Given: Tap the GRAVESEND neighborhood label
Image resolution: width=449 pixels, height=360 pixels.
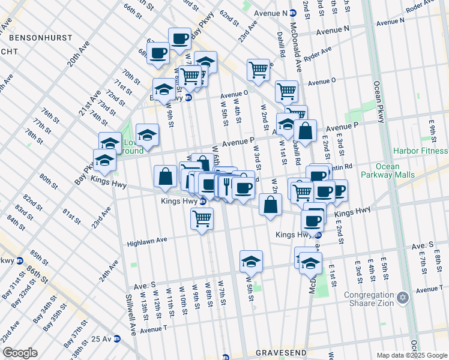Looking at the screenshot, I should pos(282,352).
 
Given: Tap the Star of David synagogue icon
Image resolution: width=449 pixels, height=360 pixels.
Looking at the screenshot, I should pos(403,298).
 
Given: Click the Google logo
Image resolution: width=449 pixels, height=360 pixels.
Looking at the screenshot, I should pos(19,352).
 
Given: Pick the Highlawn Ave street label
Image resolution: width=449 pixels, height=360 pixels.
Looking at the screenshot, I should pos(147,243).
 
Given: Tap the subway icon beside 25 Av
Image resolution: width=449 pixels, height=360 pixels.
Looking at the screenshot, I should pos(118,339).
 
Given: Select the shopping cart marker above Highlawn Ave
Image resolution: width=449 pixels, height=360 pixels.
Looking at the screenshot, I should pos(202,218).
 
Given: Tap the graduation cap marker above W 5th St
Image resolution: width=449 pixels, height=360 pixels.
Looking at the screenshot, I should pos(251,262).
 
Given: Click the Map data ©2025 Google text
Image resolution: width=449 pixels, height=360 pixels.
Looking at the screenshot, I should pos(411,355).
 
